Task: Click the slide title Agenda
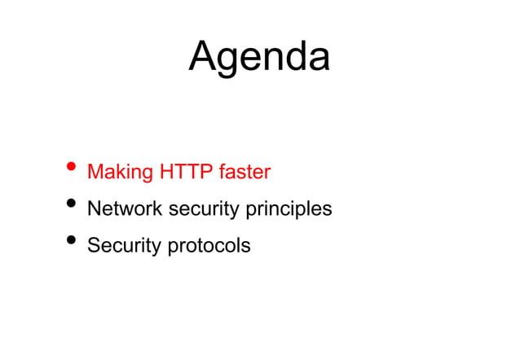(x=259, y=57)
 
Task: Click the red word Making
(x=120, y=173)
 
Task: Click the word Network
(x=125, y=209)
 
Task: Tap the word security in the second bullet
(x=201, y=209)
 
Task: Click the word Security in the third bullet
(x=125, y=245)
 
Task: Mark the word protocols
(x=209, y=245)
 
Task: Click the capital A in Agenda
(x=203, y=57)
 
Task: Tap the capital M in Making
(x=95, y=172)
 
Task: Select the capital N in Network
(x=95, y=209)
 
